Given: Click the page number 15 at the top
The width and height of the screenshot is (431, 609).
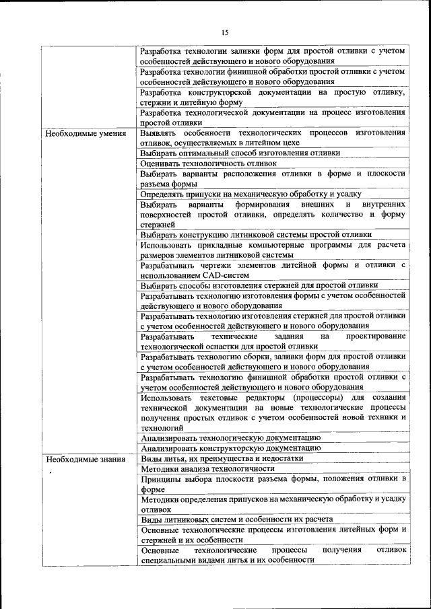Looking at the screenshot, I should click(x=226, y=32).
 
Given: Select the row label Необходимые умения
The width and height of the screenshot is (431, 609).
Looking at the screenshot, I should click(x=86, y=133).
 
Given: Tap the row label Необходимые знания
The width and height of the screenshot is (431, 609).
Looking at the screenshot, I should click(x=85, y=458).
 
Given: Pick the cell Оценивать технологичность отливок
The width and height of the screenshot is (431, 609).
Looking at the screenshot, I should click(x=209, y=163).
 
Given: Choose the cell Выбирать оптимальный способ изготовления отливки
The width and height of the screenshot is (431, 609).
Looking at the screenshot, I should click(x=240, y=153).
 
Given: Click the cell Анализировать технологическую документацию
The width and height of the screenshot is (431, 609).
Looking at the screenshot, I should click(x=231, y=437).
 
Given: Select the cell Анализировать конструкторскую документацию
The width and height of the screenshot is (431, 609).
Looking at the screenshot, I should click(x=231, y=447).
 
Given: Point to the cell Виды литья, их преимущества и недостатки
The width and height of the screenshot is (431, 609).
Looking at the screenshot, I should click(x=222, y=458).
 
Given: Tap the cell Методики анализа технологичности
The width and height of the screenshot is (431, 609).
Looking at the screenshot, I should click(x=208, y=468).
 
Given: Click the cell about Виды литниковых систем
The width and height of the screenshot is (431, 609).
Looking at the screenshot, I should click(x=237, y=520).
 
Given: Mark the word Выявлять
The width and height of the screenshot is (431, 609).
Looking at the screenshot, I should click(x=159, y=133).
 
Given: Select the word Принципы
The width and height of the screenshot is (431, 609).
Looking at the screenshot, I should click(x=161, y=478).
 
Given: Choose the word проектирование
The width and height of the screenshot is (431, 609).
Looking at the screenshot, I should click(x=376, y=336).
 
